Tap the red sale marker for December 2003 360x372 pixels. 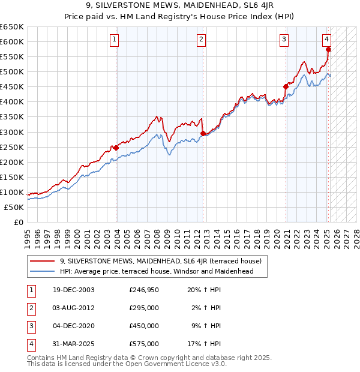[116, 148]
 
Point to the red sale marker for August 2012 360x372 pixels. [203, 133]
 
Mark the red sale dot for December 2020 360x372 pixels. [286, 86]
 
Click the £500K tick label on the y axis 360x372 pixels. [12, 71]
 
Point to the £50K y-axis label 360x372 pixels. [14, 207]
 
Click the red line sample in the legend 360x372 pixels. [42, 261]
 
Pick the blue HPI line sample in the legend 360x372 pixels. [42, 271]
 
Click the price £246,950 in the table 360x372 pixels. [144, 289]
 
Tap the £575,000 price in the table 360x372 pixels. [144, 344]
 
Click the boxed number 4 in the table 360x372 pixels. [31, 344]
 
